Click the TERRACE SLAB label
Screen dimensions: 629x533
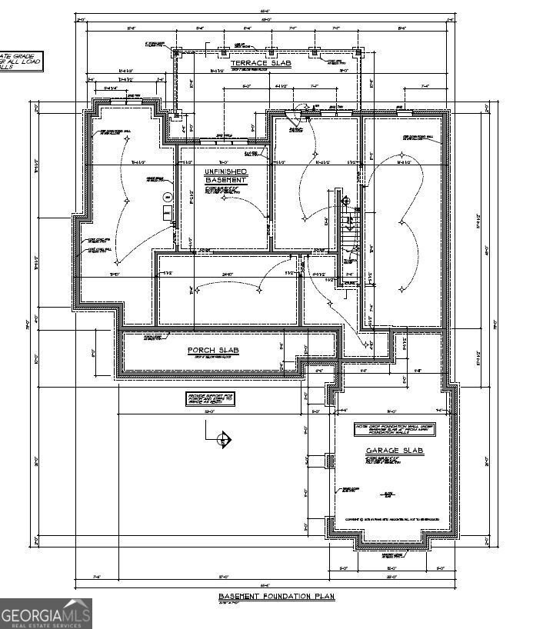(x=248, y=63)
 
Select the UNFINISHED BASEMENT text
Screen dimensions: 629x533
(x=225, y=175)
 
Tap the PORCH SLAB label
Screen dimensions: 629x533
(x=213, y=351)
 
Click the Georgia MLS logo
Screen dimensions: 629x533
(x=46, y=614)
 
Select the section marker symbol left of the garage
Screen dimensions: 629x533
(x=223, y=440)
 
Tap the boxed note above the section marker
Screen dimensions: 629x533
(x=211, y=400)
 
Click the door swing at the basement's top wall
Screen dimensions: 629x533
(x=292, y=118)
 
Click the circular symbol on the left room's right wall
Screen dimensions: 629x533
(x=165, y=197)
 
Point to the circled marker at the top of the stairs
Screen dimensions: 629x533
(x=345, y=201)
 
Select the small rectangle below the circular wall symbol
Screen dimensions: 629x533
(x=165, y=211)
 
